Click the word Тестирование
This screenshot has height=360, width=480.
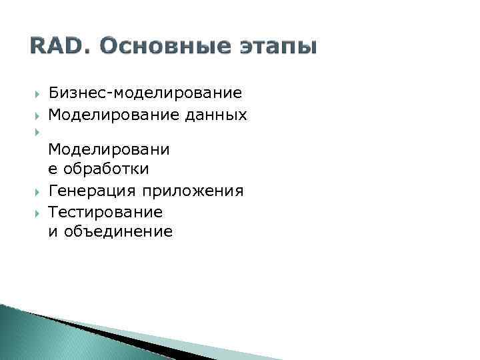pyautogui.click(x=105, y=212)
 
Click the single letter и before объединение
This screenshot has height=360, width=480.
pyautogui.click(x=53, y=232)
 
